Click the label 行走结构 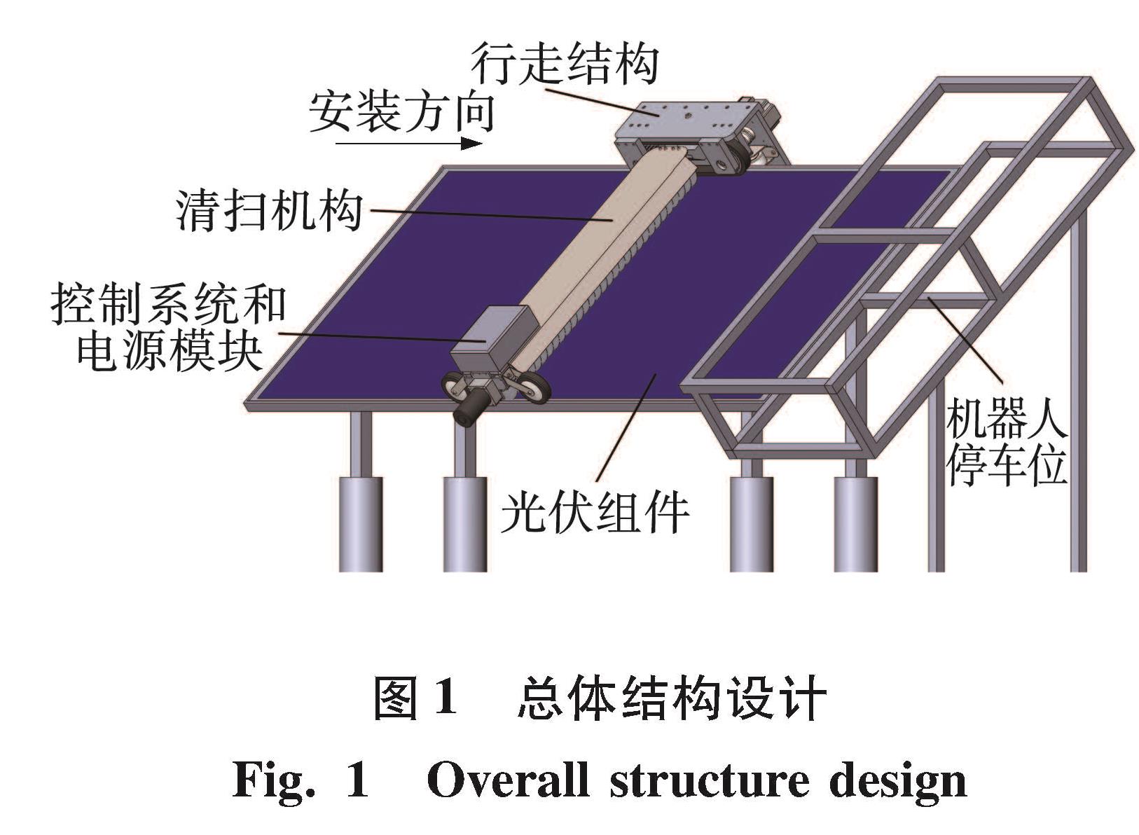click(565, 64)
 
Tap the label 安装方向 click(401, 113)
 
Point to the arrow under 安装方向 click(408, 144)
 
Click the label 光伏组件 click(595, 512)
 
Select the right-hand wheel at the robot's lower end click(536, 387)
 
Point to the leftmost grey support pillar click(361, 522)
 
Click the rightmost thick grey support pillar click(855, 522)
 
